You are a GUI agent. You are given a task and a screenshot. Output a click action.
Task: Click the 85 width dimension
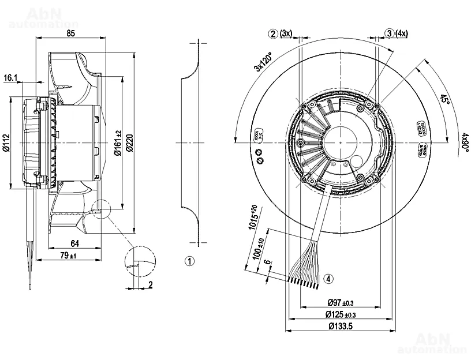pos(70,33)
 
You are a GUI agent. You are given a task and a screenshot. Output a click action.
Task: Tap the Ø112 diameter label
pos(6,142)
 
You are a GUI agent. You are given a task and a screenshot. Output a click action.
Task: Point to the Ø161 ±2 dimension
pos(118,142)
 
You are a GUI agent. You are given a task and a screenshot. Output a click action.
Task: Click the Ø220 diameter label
pos(129,142)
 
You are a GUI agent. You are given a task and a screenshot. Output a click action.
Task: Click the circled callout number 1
pos(190,261)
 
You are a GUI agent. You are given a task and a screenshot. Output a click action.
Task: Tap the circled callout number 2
pos(273,33)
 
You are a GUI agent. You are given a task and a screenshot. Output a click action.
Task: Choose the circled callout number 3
pos(390,33)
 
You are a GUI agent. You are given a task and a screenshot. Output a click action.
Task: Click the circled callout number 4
pos(328,279)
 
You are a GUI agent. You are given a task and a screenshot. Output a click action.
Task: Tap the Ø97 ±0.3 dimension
pos(341,302)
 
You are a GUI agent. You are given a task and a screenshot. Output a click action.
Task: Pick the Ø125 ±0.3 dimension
pos(341,314)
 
